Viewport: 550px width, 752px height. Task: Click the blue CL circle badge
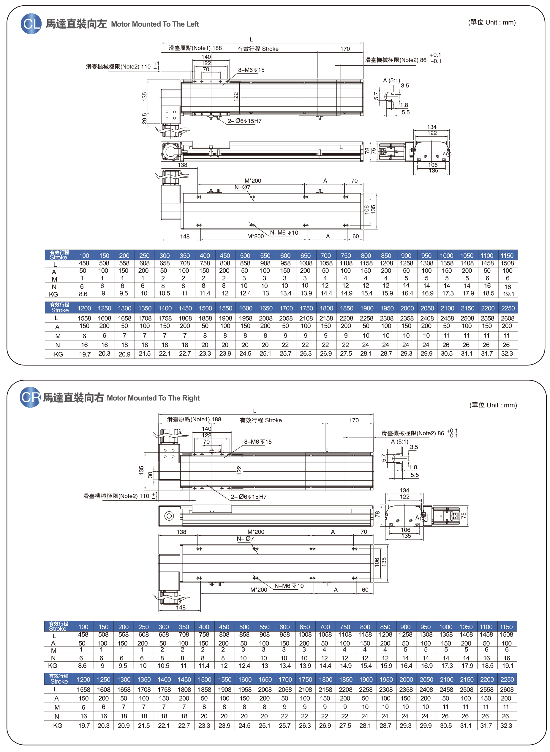tap(31, 24)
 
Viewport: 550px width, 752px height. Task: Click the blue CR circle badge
tap(30, 397)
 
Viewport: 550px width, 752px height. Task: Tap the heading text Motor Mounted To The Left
tap(155, 24)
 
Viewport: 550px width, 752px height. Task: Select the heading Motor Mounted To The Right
tap(153, 398)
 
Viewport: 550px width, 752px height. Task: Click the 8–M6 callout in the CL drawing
tap(251, 70)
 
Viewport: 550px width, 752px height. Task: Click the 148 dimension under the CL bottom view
tap(185, 236)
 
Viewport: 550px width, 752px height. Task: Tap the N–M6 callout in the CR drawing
tap(289, 586)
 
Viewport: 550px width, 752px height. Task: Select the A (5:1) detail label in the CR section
tap(399, 441)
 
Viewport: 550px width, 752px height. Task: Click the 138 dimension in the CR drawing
tap(181, 532)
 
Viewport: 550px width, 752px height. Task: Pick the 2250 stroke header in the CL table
tap(508, 308)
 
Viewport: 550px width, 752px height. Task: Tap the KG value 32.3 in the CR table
tap(506, 725)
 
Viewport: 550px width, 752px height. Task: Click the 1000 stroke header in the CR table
tap(446, 627)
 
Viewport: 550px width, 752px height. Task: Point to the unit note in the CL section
tap(492, 22)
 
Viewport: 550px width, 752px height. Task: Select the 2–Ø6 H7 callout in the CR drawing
tap(249, 497)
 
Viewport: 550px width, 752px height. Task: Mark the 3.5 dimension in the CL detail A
tap(405, 86)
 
